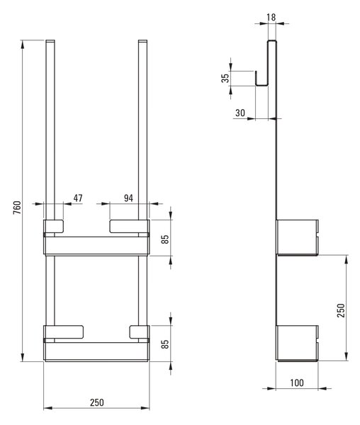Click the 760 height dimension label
click(17, 208)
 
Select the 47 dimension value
click(78, 198)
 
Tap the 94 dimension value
click(128, 198)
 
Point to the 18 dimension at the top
click(271, 17)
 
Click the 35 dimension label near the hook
click(225, 78)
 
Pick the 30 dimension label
click(240, 113)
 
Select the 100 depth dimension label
click(297, 382)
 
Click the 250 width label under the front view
click(97, 402)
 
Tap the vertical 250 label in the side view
click(340, 311)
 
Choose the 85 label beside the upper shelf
click(165, 239)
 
